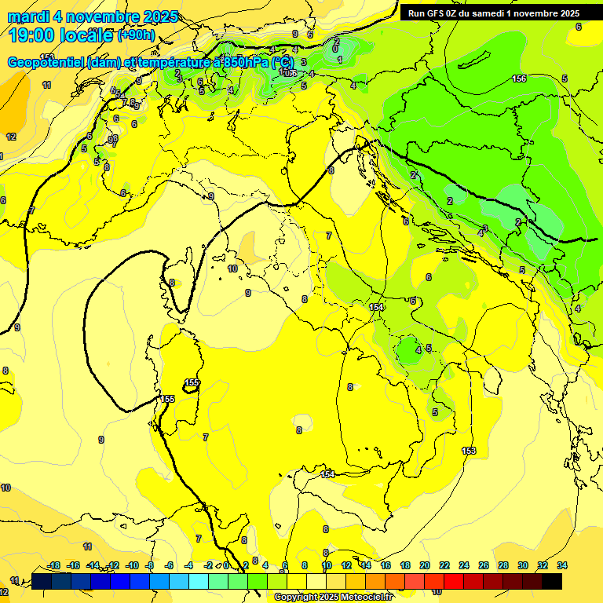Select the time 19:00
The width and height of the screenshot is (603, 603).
click(x=33, y=35)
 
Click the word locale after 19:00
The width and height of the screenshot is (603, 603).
click(x=87, y=35)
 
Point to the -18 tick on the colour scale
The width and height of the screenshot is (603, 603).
click(x=53, y=565)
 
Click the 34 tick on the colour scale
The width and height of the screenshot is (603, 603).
click(x=561, y=565)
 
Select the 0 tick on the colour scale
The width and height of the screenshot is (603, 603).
click(x=227, y=565)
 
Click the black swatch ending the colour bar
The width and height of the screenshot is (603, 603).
click(x=552, y=581)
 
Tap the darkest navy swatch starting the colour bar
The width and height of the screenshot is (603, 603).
click(x=42, y=581)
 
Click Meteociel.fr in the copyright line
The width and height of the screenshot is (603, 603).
click(x=364, y=598)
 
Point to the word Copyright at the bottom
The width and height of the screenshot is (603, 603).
click(x=296, y=598)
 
